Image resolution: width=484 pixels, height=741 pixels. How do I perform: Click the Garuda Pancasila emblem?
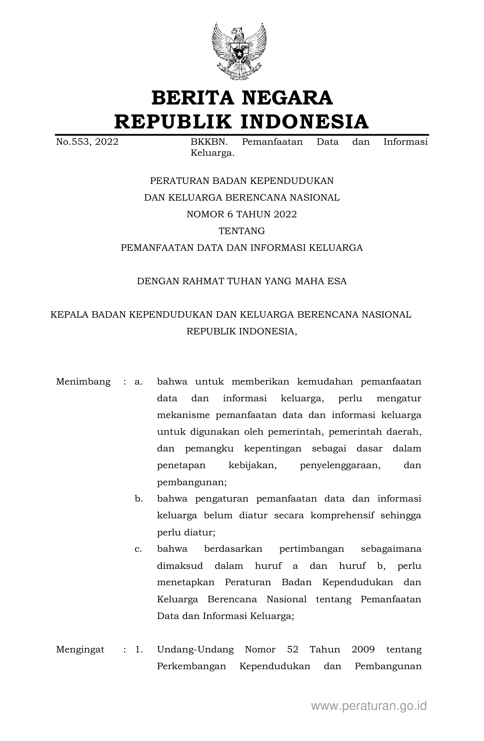(239, 51)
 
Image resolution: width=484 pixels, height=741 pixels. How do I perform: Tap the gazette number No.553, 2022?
(87, 142)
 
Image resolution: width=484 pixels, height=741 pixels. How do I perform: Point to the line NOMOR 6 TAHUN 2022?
(241, 214)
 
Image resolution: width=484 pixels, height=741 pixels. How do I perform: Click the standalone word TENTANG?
(241, 231)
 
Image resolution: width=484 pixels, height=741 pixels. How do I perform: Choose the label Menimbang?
(83, 382)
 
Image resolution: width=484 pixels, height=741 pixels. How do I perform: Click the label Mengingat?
(80, 649)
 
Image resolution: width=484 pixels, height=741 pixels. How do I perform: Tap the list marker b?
(139, 499)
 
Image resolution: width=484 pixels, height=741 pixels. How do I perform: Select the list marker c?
(138, 549)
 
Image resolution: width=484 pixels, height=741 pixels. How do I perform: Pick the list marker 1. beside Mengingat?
(139, 649)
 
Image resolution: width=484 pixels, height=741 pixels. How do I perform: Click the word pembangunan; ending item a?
(192, 482)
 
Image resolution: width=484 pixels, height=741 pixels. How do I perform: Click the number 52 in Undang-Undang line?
(293, 649)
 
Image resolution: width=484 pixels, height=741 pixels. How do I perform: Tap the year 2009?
(363, 649)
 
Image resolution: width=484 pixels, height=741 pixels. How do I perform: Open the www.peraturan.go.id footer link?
(369, 706)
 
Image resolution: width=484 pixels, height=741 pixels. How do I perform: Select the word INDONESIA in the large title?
(305, 122)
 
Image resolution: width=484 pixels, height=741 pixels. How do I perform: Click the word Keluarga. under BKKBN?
(212, 154)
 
